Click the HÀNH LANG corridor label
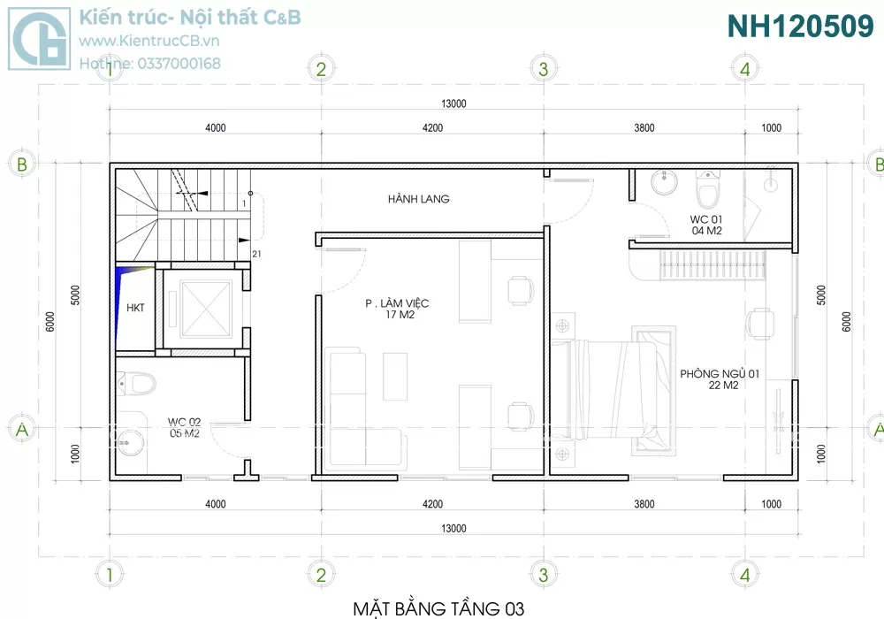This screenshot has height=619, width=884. tap(418, 198)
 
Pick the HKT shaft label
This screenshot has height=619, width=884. tap(135, 308)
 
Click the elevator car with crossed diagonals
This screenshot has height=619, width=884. tap(206, 309)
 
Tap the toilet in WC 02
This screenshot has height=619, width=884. tap(136, 384)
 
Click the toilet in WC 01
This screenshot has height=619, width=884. tap(707, 189)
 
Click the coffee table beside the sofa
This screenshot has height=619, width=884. tap(395, 377)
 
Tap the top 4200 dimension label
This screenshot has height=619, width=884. tap(432, 128)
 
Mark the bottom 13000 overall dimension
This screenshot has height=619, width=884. tap(453, 528)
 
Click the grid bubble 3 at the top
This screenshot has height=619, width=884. tap(544, 69)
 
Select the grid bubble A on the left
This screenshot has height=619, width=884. tap(22, 430)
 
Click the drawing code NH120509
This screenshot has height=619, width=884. tap(801, 26)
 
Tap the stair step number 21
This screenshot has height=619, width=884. tap(256, 255)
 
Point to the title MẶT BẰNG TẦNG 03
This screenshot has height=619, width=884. tap(438, 609)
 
